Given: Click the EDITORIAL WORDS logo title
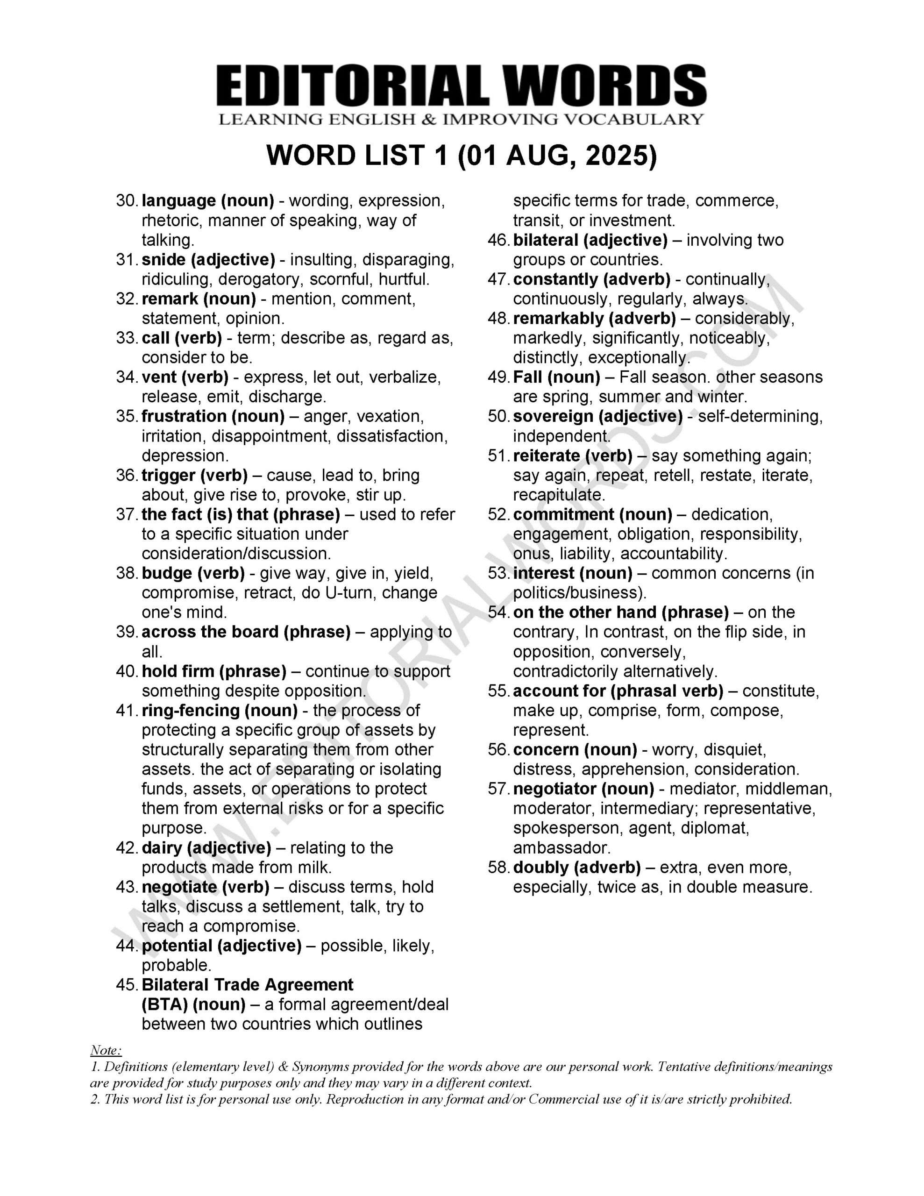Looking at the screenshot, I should click(x=461, y=86).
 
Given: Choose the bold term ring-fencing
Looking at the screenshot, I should click(x=190, y=710).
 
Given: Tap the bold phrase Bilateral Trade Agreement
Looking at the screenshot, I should click(x=248, y=985).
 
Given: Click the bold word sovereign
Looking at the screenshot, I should click(x=553, y=416).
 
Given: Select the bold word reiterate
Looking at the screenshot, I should click(x=545, y=456).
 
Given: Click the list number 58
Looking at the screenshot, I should click(x=498, y=868).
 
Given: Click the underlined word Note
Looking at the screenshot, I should click(x=105, y=1050).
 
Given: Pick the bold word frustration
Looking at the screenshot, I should click(x=184, y=416).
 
